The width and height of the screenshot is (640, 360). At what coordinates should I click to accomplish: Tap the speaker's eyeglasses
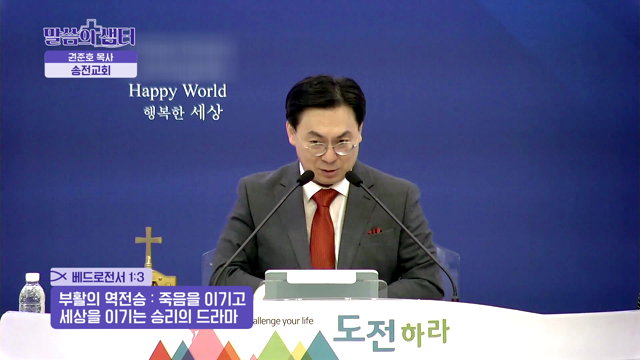point(329,146)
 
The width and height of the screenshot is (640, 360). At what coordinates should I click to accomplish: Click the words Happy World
point(177,91)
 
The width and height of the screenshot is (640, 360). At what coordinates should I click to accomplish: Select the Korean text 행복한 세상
point(177,111)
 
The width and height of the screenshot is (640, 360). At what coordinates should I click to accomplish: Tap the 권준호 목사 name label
point(90,57)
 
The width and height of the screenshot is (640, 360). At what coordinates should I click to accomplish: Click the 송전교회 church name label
point(90,72)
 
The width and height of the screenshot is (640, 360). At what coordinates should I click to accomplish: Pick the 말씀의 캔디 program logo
point(89,35)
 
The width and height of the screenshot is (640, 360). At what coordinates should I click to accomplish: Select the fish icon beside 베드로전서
point(59,276)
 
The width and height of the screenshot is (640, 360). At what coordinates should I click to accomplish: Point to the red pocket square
point(375,230)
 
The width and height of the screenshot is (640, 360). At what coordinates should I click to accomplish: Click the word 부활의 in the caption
point(81,298)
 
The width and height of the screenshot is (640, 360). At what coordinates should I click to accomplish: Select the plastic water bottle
point(31,295)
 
